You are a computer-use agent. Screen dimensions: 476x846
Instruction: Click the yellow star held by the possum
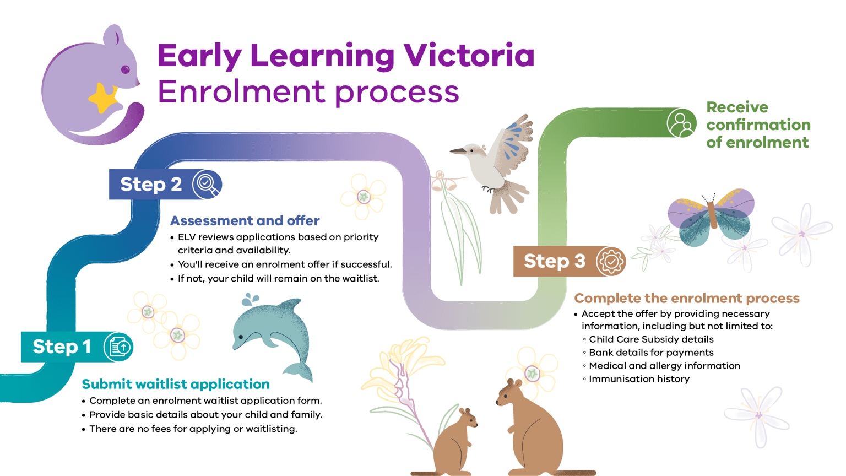(103, 99)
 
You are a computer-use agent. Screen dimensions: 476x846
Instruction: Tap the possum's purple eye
(126, 69)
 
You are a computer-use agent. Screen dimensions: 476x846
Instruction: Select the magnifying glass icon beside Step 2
(207, 184)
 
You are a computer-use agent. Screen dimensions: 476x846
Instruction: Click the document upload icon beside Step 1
(118, 347)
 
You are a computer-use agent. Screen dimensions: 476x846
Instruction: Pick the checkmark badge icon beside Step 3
(610, 261)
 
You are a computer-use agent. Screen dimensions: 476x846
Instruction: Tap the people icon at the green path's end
(681, 123)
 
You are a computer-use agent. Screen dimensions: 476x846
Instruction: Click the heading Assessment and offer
(245, 220)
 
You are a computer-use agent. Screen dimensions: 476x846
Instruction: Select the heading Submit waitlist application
(176, 384)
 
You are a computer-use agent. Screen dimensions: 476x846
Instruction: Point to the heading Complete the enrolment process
(686, 298)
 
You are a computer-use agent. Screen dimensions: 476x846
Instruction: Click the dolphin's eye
(241, 337)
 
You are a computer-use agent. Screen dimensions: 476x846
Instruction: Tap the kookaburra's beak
(458, 150)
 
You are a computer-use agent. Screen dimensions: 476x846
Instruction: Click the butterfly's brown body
(713, 214)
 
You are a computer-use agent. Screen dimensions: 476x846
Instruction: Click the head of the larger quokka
(510, 393)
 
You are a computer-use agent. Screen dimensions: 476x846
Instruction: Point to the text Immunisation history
(639, 379)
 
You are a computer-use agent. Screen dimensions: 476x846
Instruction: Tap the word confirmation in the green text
(758, 125)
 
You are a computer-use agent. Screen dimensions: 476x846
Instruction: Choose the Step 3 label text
(554, 261)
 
